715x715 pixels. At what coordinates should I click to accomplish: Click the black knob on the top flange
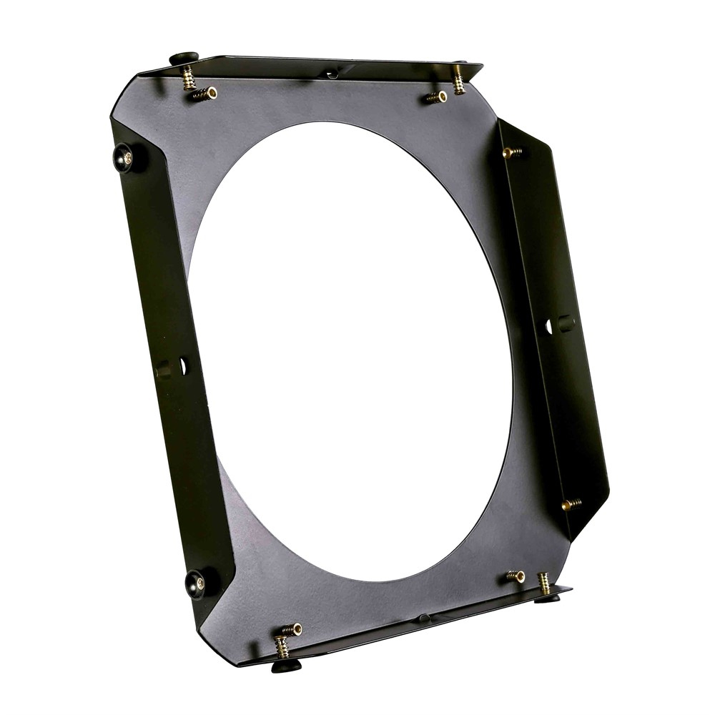click(184, 58)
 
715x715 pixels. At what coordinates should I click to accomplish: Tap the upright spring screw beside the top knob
click(189, 78)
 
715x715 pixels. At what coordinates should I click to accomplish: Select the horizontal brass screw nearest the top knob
click(205, 93)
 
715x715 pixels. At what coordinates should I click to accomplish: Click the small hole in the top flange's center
click(331, 74)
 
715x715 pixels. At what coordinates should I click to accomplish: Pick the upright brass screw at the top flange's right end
click(458, 80)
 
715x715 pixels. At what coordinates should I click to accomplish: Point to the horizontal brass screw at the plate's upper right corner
click(435, 97)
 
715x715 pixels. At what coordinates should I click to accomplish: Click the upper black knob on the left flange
click(124, 157)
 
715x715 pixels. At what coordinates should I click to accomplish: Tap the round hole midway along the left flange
click(183, 367)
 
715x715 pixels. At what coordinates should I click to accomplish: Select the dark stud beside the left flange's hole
click(164, 369)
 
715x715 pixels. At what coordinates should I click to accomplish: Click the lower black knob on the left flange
click(196, 583)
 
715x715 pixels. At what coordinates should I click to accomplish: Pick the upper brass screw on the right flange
click(512, 152)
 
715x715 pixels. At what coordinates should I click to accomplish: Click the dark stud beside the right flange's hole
click(566, 323)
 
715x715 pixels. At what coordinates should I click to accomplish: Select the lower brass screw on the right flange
click(571, 504)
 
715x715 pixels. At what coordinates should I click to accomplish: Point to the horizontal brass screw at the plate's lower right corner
click(516, 576)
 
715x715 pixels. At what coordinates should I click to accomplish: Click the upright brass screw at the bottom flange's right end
click(544, 583)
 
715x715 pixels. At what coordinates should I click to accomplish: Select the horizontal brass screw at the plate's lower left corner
click(291, 629)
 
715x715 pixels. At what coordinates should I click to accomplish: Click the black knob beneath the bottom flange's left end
click(285, 666)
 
